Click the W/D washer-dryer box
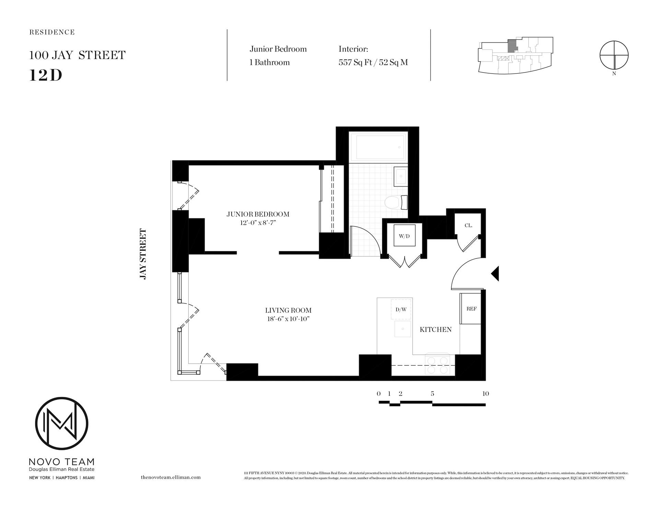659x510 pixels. pyautogui.click(x=404, y=236)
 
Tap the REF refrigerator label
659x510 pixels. pyautogui.click(x=471, y=309)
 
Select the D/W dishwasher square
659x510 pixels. pyautogui.click(x=401, y=309)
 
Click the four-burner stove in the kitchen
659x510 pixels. pyautogui.click(x=437, y=365)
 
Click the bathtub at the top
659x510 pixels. pyautogui.click(x=378, y=147)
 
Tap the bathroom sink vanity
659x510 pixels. pyautogui.click(x=400, y=176)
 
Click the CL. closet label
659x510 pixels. pyautogui.click(x=468, y=225)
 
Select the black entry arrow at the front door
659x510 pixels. pyautogui.click(x=495, y=274)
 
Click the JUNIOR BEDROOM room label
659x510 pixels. pyautogui.click(x=258, y=214)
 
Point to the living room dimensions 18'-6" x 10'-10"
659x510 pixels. pyautogui.click(x=288, y=319)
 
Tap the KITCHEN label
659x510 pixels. pyautogui.click(x=436, y=330)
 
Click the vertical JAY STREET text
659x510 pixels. pyautogui.click(x=143, y=254)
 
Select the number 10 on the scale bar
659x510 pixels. pyautogui.click(x=485, y=394)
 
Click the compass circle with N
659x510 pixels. pyautogui.click(x=614, y=55)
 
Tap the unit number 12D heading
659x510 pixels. pyautogui.click(x=46, y=75)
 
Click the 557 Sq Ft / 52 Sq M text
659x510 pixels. pyautogui.click(x=373, y=63)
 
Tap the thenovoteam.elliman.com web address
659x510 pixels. pyautogui.click(x=171, y=477)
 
